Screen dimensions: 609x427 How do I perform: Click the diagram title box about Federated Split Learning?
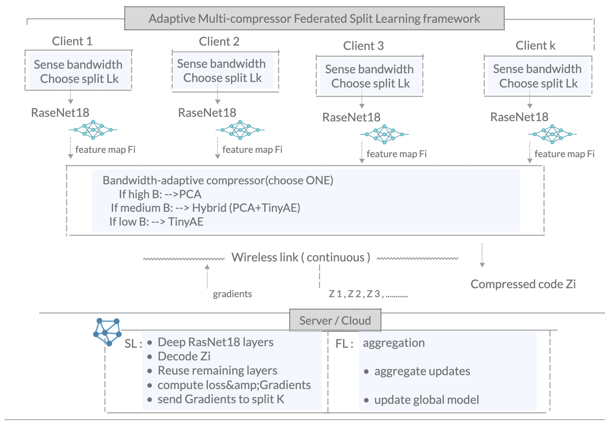coord(314,18)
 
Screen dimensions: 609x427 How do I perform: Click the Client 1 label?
coord(72,41)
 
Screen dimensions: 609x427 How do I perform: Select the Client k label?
coord(535,45)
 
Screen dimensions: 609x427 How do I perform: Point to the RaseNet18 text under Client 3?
coord(351,117)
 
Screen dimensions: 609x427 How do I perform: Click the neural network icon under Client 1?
coord(93,130)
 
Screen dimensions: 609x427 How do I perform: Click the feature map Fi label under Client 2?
coord(252,150)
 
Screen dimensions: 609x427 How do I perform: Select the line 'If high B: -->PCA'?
coord(160,194)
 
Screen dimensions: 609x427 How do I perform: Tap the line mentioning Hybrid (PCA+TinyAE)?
coord(206,208)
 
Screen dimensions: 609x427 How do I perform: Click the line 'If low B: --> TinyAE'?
coord(156,222)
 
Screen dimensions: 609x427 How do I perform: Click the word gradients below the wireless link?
coord(232,294)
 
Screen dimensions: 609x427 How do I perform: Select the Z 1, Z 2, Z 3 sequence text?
coord(368,294)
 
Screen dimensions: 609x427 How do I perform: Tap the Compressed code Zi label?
coord(523,284)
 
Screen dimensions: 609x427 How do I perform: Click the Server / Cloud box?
coord(335,320)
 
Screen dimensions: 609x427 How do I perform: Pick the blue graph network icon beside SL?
coord(107,332)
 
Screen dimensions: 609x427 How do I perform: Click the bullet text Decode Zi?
coord(184,356)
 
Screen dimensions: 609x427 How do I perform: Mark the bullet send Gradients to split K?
coord(221,399)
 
